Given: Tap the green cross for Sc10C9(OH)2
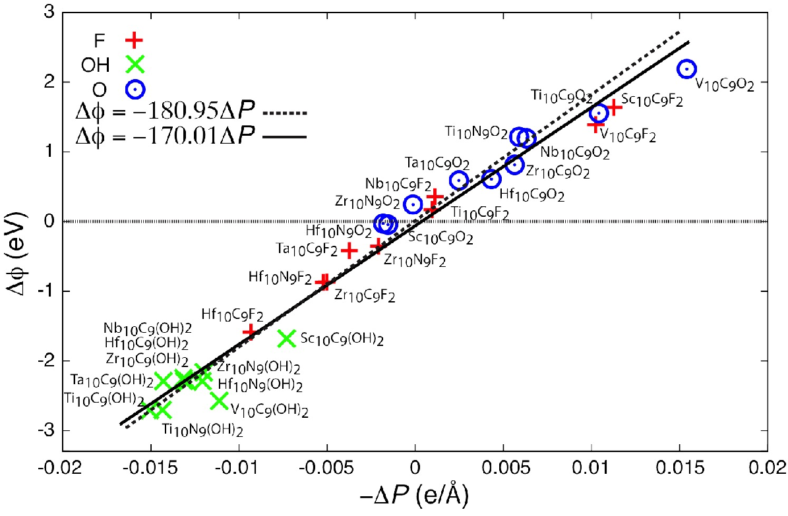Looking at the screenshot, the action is pos(287,338).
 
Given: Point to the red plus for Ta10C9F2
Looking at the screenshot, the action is pos(349,250).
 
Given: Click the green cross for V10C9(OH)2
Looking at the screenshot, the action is pos(220,401).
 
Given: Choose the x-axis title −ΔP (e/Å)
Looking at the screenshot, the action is pos(414,496).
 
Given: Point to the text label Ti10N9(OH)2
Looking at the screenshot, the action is pos(202,430).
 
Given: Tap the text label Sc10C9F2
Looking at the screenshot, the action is pos(652,100).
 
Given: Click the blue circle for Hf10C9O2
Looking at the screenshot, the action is pos(491,179).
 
